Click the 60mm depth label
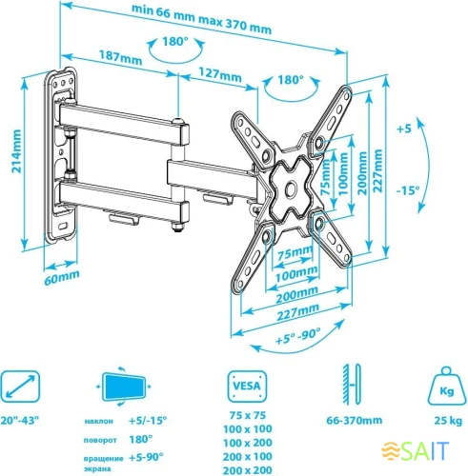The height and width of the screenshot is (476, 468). pos(60,279)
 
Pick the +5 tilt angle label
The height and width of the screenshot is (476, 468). pos(405,129)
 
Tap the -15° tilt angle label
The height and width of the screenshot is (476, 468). pos(410,189)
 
